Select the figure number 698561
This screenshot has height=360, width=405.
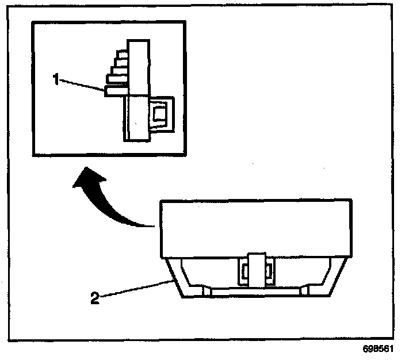point(379,350)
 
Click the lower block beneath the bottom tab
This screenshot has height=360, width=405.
point(137,118)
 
